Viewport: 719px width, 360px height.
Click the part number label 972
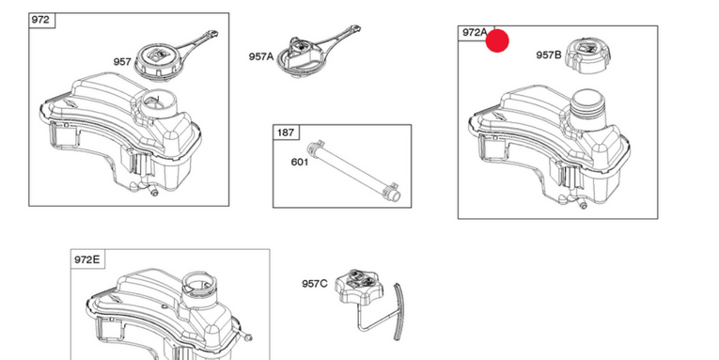click(x=40, y=20)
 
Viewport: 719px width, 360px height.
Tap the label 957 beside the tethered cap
click(x=122, y=61)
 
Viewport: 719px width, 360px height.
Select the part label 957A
click(x=261, y=56)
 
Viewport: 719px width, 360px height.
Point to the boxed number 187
click(x=285, y=133)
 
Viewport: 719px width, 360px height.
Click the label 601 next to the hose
click(x=300, y=162)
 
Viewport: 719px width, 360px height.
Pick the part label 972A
click(x=475, y=32)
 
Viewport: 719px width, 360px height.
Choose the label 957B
click(x=549, y=55)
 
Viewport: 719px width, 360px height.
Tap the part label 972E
click(x=86, y=259)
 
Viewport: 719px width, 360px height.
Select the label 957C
click(x=315, y=284)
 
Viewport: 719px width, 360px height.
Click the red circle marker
click(x=497, y=40)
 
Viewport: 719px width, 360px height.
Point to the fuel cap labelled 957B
click(x=587, y=56)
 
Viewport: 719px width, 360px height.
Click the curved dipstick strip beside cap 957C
click(x=399, y=312)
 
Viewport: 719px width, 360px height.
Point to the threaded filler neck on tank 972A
click(x=587, y=108)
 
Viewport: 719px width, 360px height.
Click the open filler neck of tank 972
click(x=157, y=105)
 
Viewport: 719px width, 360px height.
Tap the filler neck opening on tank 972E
click(x=199, y=284)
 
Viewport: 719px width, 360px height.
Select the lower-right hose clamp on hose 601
click(x=391, y=189)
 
